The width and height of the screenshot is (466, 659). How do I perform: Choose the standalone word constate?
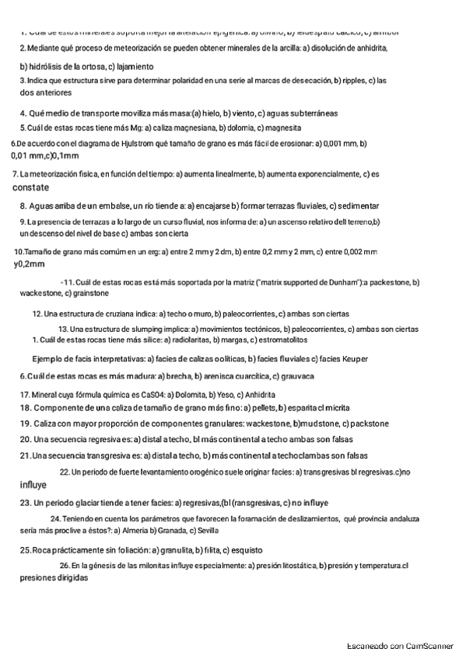pyautogui.click(x=30, y=187)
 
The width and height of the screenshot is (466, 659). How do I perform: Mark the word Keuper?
pyautogui.click(x=351, y=359)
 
